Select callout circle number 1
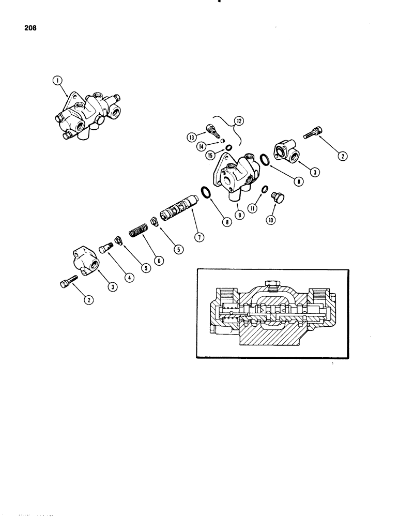coord(57,81)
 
